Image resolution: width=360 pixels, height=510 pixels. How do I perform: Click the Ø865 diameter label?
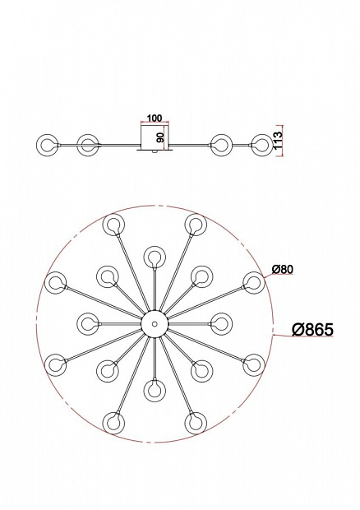coord(312,330)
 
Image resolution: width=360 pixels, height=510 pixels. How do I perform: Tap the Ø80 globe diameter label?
coord(283,269)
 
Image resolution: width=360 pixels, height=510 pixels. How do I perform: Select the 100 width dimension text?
coord(155,118)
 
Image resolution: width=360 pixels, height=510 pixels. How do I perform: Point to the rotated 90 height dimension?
coord(160,137)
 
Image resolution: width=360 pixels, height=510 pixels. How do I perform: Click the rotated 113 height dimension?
coord(279,140)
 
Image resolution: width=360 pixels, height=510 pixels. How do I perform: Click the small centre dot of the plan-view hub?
coord(155,323)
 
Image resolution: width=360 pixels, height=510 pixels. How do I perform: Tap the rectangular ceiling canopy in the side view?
coord(155,137)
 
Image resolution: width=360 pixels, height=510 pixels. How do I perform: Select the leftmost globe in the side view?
coord(48,145)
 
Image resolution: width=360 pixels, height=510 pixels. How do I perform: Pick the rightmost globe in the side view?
coord(262,145)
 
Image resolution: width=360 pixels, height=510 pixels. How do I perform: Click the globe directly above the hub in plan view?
coord(155,257)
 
